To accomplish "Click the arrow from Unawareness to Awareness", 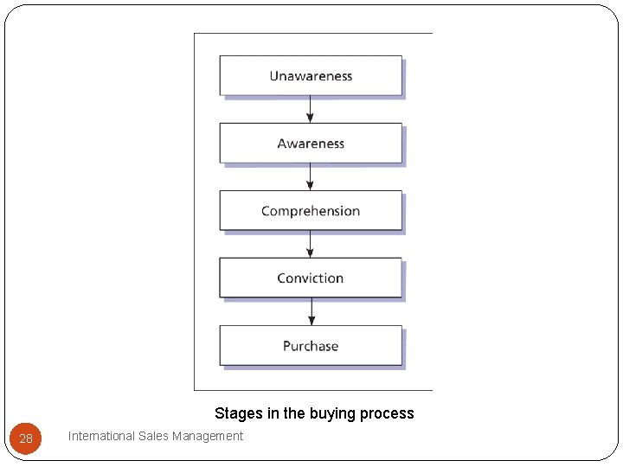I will point(311,109).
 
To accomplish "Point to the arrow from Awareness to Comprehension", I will point(311,176).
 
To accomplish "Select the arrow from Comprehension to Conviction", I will point(311,244).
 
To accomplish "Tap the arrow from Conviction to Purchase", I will point(311,311).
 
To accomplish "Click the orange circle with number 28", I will point(26,438).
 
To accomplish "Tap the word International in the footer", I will point(100,436).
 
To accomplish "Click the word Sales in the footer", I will point(153,436).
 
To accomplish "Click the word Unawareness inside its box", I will point(311,76).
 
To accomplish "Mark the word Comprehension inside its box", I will point(311,211).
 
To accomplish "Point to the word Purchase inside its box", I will point(311,346).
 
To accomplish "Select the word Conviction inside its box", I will point(311,278).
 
